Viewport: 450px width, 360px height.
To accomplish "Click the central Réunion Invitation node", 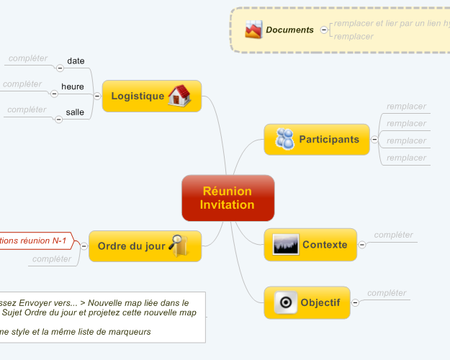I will pos(228,198).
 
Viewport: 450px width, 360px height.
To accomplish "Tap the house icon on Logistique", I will pos(179,96).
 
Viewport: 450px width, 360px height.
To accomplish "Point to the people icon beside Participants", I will pos(284,139).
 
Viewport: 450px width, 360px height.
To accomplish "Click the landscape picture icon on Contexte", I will pos(286,245).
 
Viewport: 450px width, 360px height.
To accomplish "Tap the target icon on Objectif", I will pos(285,302).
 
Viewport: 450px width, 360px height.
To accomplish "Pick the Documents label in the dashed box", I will pos(289,30).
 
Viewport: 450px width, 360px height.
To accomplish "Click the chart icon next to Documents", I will pos(253,30).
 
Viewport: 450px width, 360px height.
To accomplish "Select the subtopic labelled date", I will pos(76,61).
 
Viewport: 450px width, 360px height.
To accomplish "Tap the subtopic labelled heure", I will pos(73,87).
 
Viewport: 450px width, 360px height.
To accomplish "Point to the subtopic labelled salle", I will pos(75,112).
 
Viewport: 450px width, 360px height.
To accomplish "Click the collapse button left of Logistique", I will pos(96,96).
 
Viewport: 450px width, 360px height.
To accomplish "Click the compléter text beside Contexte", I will pos(394,235).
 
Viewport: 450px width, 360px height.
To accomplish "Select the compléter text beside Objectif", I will pos(387,293).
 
